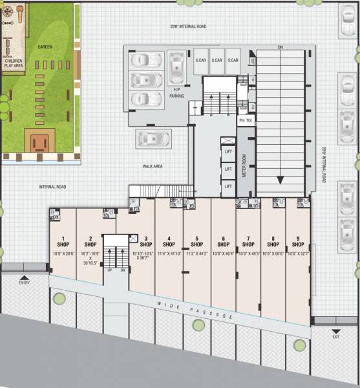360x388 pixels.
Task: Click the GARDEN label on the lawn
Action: pos(45,47)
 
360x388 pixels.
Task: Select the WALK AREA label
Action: pos(152,166)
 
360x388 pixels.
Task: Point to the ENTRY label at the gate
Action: pos(24,283)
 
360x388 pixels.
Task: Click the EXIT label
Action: pos(335,336)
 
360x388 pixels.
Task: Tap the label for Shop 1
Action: pos(64,241)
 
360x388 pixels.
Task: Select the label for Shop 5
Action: pos(196,241)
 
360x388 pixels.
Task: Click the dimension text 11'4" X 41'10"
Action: pos(169,253)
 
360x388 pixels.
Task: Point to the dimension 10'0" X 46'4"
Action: pos(222,253)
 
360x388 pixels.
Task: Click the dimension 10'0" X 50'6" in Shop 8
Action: pos(273,253)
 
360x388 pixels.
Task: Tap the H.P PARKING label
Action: pos(176,92)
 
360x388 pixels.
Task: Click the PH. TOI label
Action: pos(245,120)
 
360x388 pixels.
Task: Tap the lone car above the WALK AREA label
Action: pos(153,138)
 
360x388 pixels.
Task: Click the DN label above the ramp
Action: pos(280,47)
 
